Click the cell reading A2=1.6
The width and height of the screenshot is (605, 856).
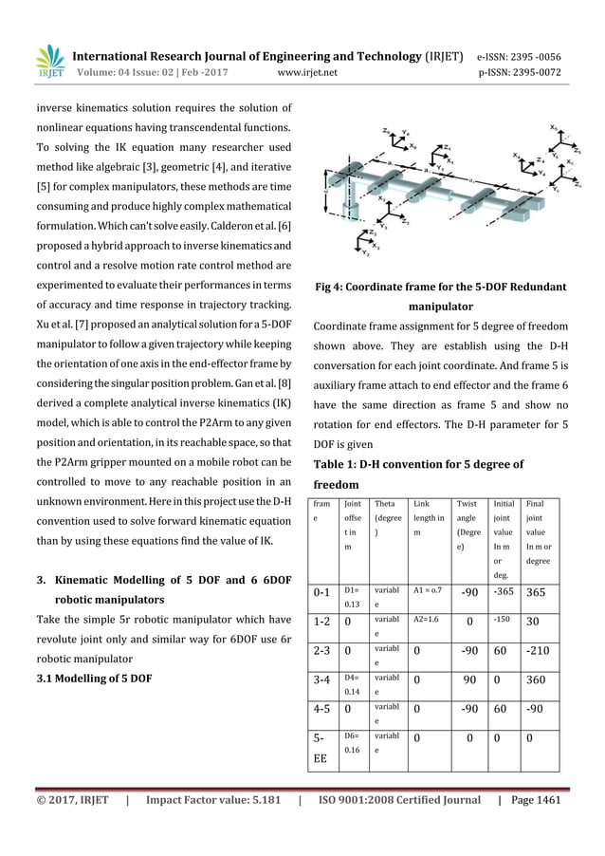coord(429,621)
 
